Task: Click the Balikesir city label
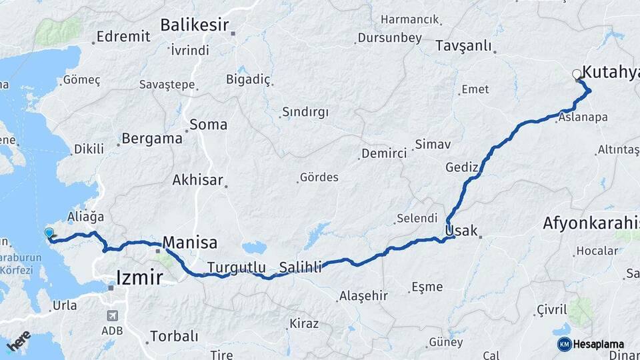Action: [194, 25]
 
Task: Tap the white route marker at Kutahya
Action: [577, 75]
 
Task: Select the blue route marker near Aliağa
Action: [49, 233]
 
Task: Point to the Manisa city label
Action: [190, 242]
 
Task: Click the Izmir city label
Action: [139, 277]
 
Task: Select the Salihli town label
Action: [300, 267]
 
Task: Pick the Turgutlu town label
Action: [237, 267]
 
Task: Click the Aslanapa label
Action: [583, 117]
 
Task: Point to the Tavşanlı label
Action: [463, 46]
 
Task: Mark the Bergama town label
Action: [153, 139]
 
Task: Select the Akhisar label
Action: [197, 180]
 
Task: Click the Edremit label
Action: [123, 37]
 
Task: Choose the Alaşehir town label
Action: [363, 295]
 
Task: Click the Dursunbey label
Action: [389, 38]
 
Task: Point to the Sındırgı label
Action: [305, 112]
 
